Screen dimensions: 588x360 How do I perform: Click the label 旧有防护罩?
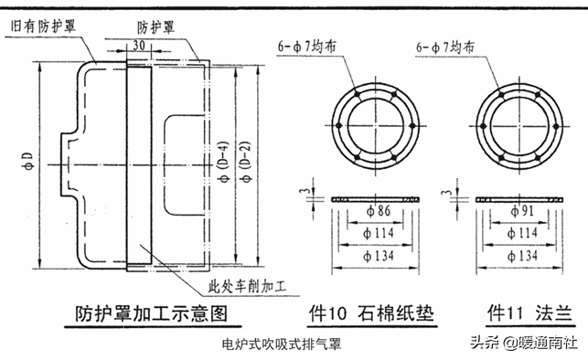(43, 26)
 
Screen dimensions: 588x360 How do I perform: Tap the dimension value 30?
(139, 46)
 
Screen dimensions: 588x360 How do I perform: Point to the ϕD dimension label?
(28, 161)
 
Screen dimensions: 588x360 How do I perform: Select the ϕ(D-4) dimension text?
(224, 163)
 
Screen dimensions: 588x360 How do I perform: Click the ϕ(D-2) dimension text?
(246, 163)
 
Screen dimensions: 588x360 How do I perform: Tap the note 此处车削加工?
(247, 287)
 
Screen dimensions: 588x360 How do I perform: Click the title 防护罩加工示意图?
(152, 313)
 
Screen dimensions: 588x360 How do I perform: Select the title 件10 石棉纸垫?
(371, 313)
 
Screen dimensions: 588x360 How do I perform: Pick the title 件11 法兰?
(529, 313)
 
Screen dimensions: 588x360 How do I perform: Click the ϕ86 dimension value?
(379, 211)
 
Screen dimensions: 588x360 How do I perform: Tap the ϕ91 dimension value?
(521, 211)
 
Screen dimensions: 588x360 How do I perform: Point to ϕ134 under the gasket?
(379, 256)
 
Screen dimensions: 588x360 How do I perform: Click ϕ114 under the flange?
(522, 233)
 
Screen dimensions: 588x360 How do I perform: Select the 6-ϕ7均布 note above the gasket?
(306, 47)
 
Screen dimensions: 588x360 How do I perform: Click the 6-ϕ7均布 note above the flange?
(445, 48)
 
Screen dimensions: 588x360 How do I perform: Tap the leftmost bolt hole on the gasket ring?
(339, 126)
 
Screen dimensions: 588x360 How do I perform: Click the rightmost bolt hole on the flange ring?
(556, 126)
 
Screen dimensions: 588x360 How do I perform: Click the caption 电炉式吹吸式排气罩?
(282, 344)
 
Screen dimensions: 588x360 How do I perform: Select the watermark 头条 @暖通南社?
(524, 343)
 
